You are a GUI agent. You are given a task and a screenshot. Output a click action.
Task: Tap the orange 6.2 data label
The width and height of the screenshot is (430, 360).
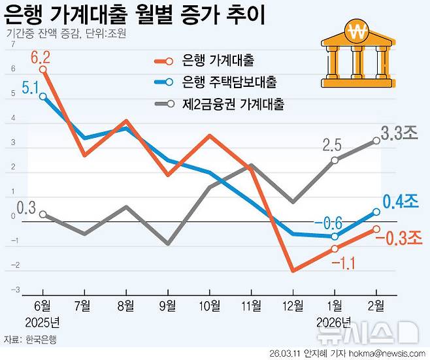click(40, 56)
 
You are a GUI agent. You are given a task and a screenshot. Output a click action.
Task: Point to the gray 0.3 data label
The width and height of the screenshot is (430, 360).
click(26, 208)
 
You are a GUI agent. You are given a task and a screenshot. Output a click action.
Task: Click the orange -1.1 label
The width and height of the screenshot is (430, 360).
click(343, 263)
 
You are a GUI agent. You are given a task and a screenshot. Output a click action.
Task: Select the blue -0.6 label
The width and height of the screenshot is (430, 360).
click(329, 224)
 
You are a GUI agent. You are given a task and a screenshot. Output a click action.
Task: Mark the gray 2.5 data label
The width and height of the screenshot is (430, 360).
click(333, 144)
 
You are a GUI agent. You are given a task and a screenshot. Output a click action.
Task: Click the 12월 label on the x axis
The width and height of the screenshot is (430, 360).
click(293, 305)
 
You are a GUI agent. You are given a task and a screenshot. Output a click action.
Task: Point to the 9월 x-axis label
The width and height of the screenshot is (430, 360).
click(168, 305)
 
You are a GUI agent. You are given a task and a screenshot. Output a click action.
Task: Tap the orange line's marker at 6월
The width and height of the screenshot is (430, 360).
click(43, 69)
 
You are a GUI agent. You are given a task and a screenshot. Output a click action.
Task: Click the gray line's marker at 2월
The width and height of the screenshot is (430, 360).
click(377, 140)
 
